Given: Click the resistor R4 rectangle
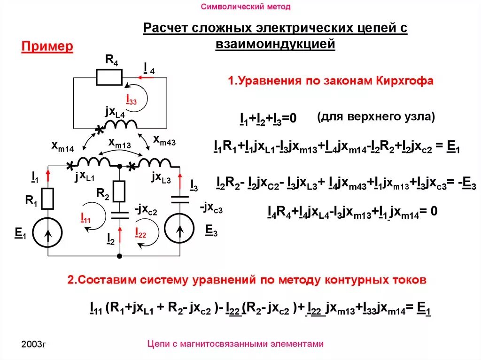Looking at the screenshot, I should (x=109, y=77).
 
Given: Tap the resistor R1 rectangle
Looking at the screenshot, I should (x=47, y=198).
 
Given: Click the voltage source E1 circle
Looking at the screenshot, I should (x=48, y=230).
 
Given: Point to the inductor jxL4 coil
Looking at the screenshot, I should (x=120, y=124).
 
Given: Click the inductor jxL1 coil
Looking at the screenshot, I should (x=93, y=162).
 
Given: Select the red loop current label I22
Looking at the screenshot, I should (x=140, y=232).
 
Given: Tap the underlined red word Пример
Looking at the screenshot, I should (x=47, y=46).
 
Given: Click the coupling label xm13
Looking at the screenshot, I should (x=119, y=143).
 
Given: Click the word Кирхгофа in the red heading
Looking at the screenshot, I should (x=404, y=81).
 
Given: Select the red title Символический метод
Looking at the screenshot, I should (x=246, y=7).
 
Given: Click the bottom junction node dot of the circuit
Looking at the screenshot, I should (x=120, y=256).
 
